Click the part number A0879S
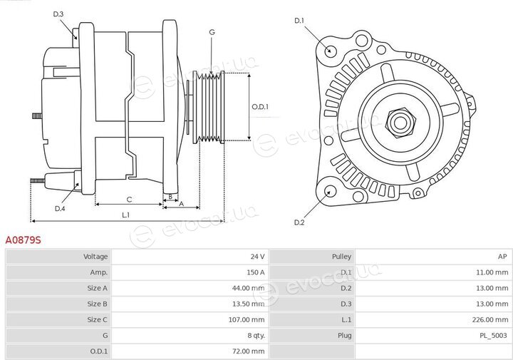23,240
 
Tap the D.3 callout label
58,14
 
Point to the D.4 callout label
60,208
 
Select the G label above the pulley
212,32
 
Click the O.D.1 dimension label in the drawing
260,107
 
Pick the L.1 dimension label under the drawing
126,215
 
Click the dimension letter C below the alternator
129,200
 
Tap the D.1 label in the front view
299,21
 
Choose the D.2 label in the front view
299,222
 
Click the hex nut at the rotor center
400,123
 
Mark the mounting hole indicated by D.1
330,51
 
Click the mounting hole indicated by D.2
331,192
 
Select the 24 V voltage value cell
257,257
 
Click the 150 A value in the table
256,272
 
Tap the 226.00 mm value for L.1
490,320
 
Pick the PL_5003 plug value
493,336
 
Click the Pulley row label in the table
341,257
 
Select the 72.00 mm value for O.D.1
249,351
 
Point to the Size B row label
97,304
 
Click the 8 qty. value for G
256,336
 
